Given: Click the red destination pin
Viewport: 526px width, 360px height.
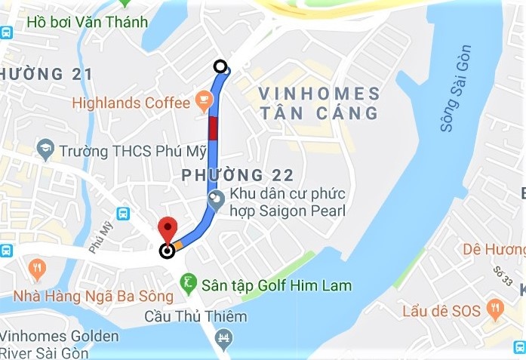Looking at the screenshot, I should [x=167, y=229].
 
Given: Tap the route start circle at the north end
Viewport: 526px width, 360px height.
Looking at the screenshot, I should [x=220, y=66].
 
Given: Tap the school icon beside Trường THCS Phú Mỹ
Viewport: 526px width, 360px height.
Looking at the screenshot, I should [x=45, y=149].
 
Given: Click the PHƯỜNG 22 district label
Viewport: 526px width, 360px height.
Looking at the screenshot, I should [x=237, y=175].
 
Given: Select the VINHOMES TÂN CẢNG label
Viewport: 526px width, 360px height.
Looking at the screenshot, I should [x=318, y=103].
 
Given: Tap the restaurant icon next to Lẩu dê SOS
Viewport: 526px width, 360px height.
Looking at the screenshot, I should [x=495, y=306].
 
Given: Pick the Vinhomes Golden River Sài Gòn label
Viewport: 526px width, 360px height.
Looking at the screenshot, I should [x=59, y=344].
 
